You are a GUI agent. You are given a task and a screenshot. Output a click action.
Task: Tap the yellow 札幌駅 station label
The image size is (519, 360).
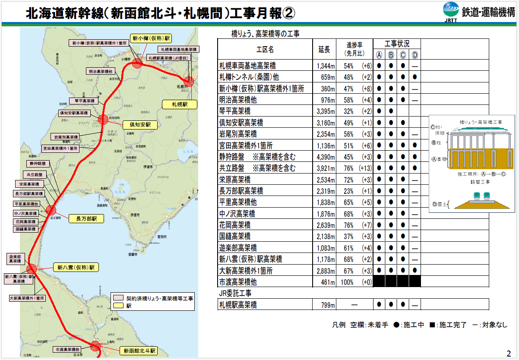tap(179, 104)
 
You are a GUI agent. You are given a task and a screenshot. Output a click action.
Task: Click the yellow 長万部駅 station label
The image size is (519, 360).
tap(87, 219)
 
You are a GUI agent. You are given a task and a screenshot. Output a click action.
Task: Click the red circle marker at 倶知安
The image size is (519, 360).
tap(103, 120)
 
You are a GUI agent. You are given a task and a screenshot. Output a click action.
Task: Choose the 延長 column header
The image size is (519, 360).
tap(324, 50)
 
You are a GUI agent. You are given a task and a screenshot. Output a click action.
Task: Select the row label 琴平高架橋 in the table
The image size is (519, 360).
tap(235, 111)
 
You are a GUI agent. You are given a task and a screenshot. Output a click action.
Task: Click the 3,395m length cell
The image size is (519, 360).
tap(326, 111)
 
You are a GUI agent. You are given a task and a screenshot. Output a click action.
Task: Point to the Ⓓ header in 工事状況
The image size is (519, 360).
tap(415, 55)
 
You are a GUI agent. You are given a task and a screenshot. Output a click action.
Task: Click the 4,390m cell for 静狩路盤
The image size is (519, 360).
tap(326, 157)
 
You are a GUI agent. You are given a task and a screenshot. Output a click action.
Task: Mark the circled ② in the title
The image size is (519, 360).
tap(288, 13)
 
